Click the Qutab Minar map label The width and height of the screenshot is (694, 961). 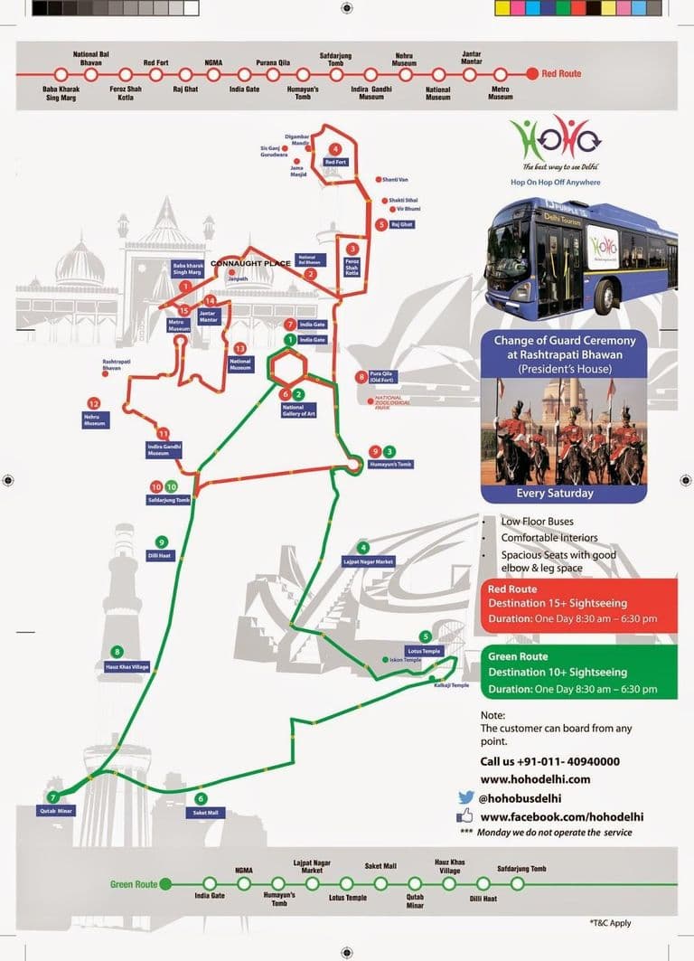coord(56,811)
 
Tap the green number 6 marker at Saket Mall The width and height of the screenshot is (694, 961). coord(201,798)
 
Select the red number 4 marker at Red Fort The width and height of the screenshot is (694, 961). coord(335,149)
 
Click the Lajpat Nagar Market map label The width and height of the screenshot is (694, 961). coord(369,561)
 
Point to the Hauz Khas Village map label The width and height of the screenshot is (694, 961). coord(121,666)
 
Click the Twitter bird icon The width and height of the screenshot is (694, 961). coord(465,797)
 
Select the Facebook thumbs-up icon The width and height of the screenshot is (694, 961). coord(465,815)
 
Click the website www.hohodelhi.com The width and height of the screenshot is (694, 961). coord(535,778)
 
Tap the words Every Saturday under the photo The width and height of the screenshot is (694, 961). coord(555,493)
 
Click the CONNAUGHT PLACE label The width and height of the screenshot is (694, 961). coord(250,263)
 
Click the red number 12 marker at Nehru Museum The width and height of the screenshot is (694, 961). coord(93,403)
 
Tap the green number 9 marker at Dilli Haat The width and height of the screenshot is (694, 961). coord(161,542)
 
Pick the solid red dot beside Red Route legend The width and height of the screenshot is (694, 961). coord(532,73)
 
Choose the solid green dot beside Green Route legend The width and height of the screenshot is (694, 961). coord(165,884)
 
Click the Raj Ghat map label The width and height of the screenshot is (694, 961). coord(402,224)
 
